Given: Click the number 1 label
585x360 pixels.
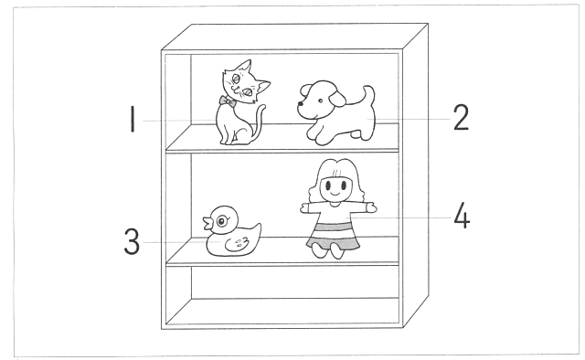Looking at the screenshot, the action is point(132,119).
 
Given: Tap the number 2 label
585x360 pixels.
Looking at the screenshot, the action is point(461,117).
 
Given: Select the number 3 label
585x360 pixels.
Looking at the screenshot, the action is point(132,241).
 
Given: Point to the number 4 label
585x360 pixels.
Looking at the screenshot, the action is point(462,216).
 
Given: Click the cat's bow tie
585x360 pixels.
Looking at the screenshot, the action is point(228,101).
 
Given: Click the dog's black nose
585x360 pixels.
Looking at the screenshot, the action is point(300,104).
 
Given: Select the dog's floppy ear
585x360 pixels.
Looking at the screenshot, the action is point(337,98).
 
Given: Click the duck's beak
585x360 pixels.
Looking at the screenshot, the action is point(208,223).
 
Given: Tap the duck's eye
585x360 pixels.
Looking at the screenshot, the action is point(221,222).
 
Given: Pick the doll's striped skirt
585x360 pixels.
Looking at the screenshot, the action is point(333,236).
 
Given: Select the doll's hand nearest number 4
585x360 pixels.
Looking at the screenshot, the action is point(371,207).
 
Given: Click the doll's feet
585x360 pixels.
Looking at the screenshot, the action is point(328,250).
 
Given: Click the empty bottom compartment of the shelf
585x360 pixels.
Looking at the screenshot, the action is point(282,295).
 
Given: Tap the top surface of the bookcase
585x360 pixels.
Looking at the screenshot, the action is point(294,37).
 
